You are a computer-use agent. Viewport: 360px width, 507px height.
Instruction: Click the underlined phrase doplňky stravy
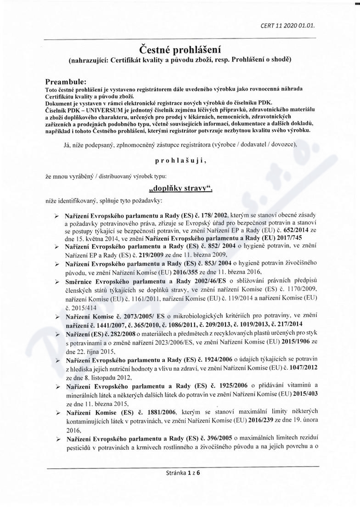pyautogui.click(x=180, y=188)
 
